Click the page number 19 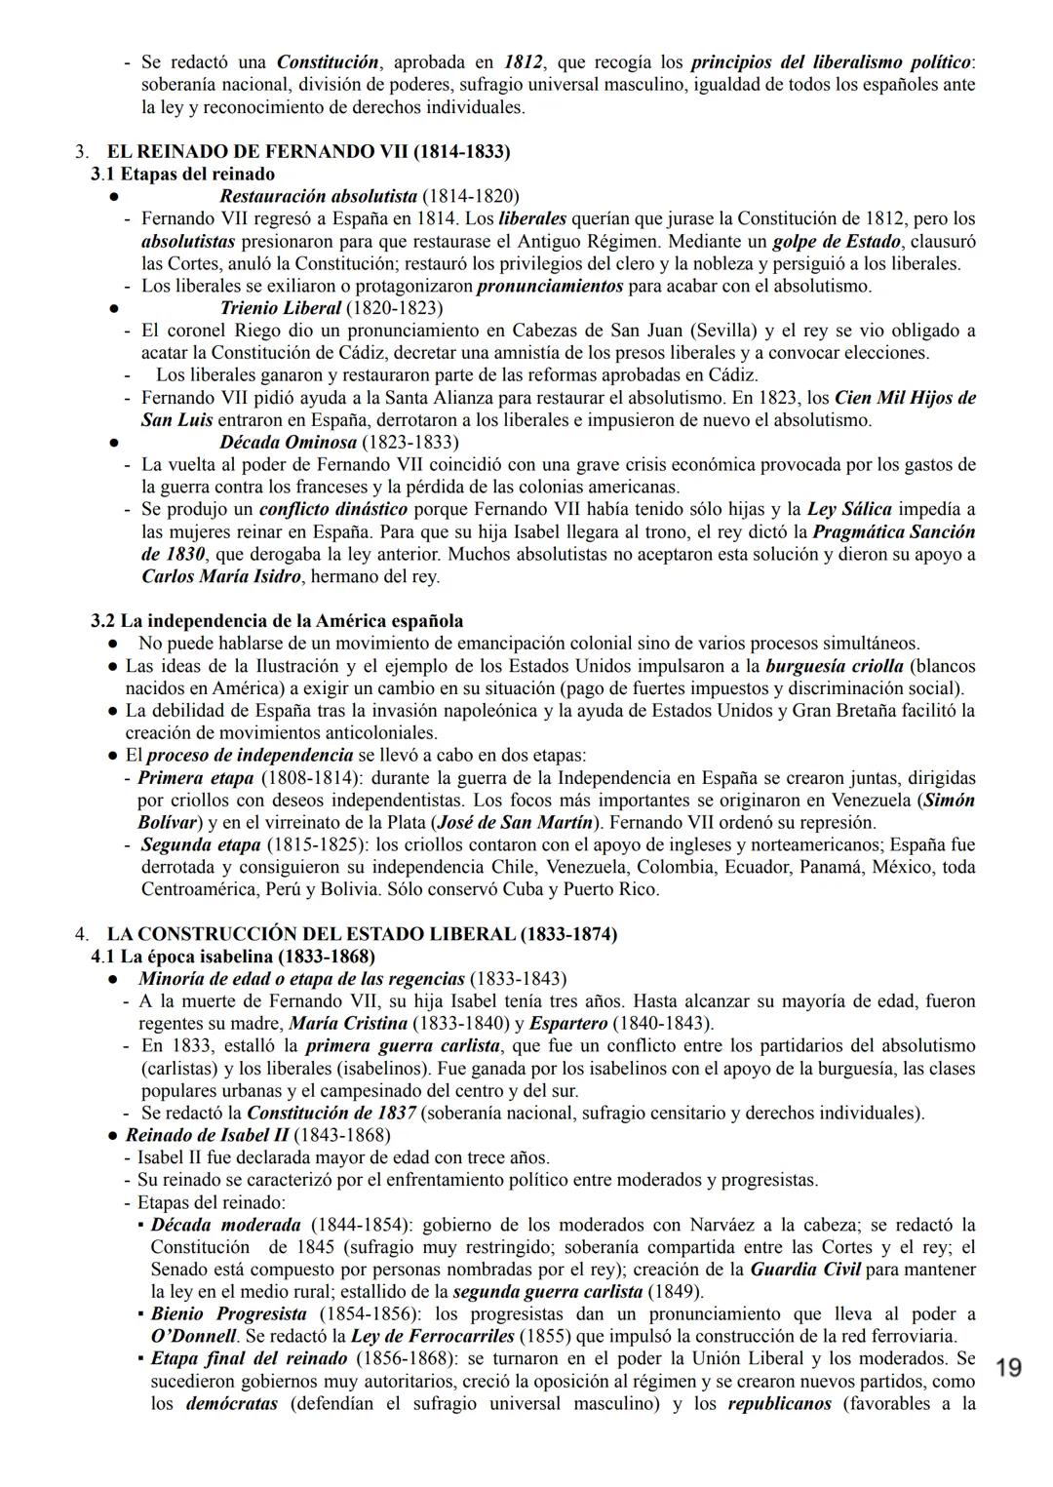point(1009,1368)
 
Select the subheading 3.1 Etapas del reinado point(182,175)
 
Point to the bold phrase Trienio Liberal point(280,308)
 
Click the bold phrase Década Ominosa point(288,442)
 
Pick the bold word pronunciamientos point(550,286)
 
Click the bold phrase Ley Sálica point(849,509)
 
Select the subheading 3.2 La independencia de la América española point(277,621)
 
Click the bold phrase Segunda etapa point(201,844)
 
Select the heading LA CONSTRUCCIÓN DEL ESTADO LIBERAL point(362,934)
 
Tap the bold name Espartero point(568,1023)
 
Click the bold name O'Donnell point(193,1336)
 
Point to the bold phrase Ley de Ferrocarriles point(434,1336)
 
